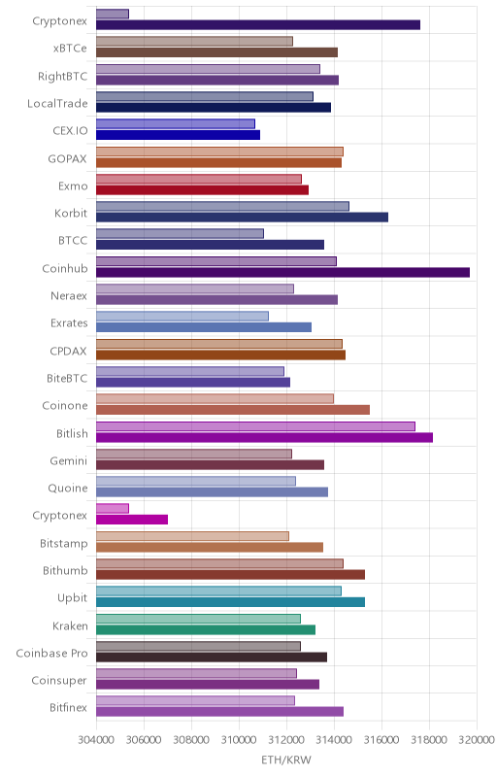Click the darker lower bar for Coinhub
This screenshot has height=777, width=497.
(x=282, y=273)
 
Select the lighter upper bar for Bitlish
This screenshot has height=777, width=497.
(x=255, y=426)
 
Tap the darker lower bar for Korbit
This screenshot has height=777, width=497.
(x=242, y=218)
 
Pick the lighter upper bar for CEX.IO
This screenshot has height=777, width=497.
(x=176, y=124)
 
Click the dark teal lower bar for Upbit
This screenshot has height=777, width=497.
(x=230, y=602)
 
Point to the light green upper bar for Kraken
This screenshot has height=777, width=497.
(x=198, y=619)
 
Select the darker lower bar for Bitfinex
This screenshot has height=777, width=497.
(x=219, y=712)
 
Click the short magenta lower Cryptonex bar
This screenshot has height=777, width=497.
(x=132, y=520)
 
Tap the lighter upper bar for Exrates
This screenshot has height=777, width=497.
(x=182, y=317)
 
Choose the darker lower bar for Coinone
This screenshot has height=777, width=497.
(x=233, y=410)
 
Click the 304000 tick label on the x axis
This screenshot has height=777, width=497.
(x=96, y=740)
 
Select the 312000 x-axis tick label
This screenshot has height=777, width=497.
(x=286, y=740)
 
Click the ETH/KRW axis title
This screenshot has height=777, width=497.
(x=286, y=760)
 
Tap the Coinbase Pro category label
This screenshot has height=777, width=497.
(x=51, y=654)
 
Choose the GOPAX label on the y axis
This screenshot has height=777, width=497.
(x=67, y=159)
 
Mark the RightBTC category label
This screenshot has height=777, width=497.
(x=62, y=77)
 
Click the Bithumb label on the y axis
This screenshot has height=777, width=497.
(x=65, y=571)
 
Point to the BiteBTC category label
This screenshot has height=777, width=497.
(x=67, y=379)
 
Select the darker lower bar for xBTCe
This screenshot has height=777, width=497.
(x=216, y=52)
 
